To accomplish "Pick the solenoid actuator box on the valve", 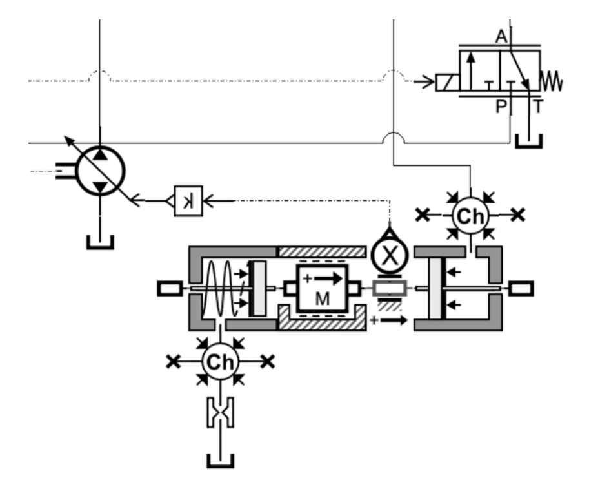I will pyautogui.click(x=448, y=83).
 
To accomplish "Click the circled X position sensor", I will pyautogui.click(x=388, y=256).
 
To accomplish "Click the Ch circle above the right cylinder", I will pyautogui.click(x=470, y=216).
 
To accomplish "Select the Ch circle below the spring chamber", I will pyautogui.click(x=221, y=362).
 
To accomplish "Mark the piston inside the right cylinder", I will pyautogui.click(x=435, y=288).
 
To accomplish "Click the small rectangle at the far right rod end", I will pyautogui.click(x=521, y=288).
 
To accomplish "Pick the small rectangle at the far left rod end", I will pyautogui.click(x=170, y=288).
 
